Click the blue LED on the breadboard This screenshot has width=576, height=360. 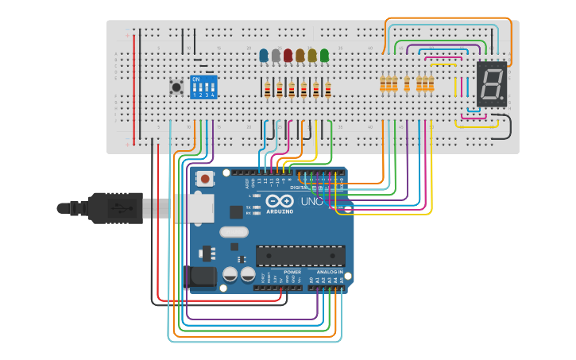click(264, 55)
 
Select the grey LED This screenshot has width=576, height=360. click(276, 55)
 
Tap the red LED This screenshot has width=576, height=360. click(288, 55)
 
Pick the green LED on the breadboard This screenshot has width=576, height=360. click(324, 55)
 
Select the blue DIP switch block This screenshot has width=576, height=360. click(203, 86)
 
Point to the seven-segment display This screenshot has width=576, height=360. click(491, 83)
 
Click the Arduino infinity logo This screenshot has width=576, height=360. click(279, 203)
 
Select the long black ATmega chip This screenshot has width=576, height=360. click(300, 256)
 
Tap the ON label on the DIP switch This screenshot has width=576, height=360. click(196, 79)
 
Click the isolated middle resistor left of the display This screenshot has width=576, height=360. click(408, 83)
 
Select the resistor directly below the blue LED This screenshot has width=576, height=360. click(268, 89)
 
